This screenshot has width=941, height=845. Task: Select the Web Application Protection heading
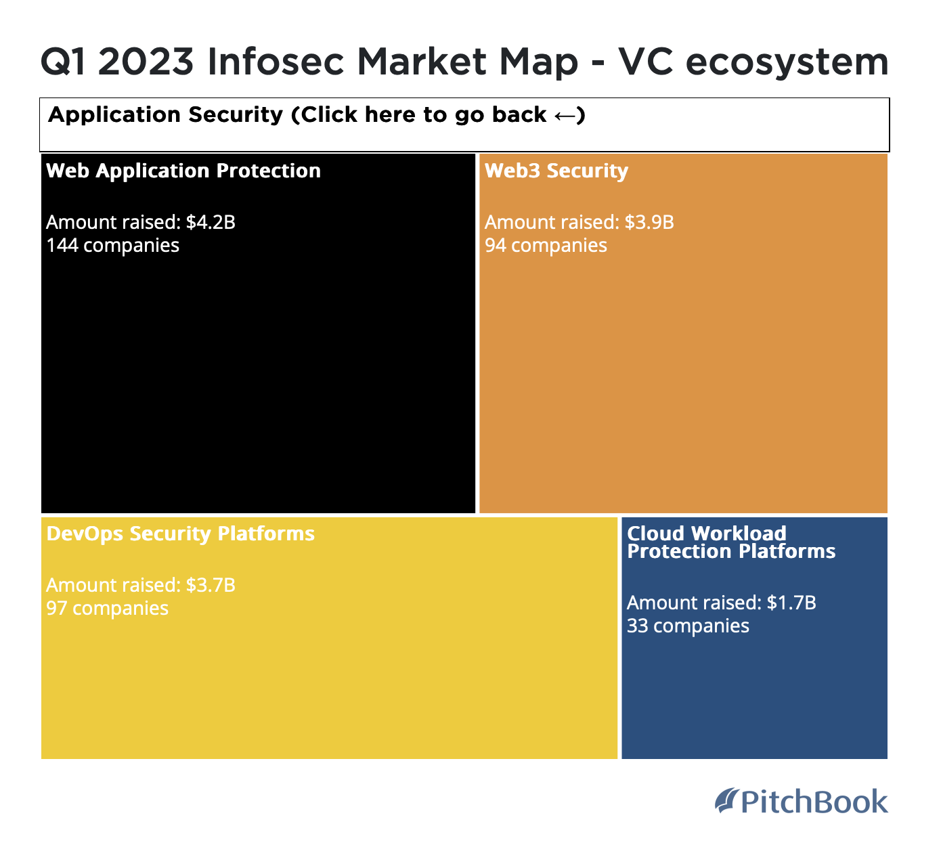tap(183, 171)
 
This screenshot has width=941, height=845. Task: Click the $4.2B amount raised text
tap(141, 222)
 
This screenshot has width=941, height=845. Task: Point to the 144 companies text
tap(113, 245)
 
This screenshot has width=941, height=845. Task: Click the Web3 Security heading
tap(556, 171)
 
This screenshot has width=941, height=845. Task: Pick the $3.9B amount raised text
tap(579, 222)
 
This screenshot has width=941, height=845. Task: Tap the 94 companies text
tap(546, 245)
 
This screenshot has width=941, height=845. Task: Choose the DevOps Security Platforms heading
tap(181, 534)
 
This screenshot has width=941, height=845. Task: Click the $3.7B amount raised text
tap(141, 585)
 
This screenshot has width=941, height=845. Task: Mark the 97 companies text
tap(107, 608)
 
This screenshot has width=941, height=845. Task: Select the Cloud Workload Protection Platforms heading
tap(731, 542)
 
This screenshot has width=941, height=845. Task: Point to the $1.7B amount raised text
tap(721, 603)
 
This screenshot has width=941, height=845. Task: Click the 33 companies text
tap(688, 626)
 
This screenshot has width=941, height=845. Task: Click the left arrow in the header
tap(565, 116)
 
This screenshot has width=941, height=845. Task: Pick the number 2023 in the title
tap(146, 62)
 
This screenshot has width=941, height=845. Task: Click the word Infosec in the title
tap(276, 62)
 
